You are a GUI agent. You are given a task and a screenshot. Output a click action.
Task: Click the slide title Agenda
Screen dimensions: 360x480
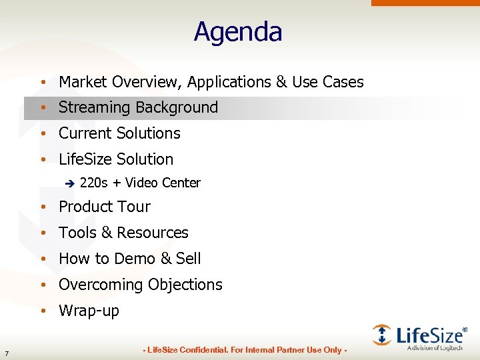tap(238, 32)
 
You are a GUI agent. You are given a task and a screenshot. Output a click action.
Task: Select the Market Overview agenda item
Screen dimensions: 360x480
tap(211, 82)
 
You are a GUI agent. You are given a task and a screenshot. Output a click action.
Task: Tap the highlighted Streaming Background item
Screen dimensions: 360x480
tap(138, 107)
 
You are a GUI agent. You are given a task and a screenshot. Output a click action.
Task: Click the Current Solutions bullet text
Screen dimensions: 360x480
tap(119, 133)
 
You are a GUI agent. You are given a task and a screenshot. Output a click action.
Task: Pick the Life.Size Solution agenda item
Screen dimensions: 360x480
tap(116, 159)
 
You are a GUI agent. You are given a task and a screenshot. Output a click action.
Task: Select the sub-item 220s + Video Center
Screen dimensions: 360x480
tap(139, 183)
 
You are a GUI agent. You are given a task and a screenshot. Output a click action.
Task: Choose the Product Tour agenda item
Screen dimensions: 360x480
tap(105, 207)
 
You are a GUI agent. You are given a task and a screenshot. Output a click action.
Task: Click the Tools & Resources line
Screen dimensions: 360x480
tap(123, 233)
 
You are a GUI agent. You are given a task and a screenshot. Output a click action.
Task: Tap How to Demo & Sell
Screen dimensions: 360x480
tap(129, 259)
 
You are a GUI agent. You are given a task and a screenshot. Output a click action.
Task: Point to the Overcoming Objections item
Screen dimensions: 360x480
tap(140, 285)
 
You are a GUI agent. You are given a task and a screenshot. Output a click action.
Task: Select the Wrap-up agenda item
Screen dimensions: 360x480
tap(89, 311)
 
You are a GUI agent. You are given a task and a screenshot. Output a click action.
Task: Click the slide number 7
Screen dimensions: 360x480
tap(6, 353)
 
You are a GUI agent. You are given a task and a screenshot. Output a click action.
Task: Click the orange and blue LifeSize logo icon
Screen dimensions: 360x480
tap(381, 334)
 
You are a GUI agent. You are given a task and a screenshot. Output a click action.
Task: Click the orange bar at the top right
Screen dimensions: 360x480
tap(427, 3)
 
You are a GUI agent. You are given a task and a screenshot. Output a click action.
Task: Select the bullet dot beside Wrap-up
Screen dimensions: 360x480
tap(42, 311)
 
